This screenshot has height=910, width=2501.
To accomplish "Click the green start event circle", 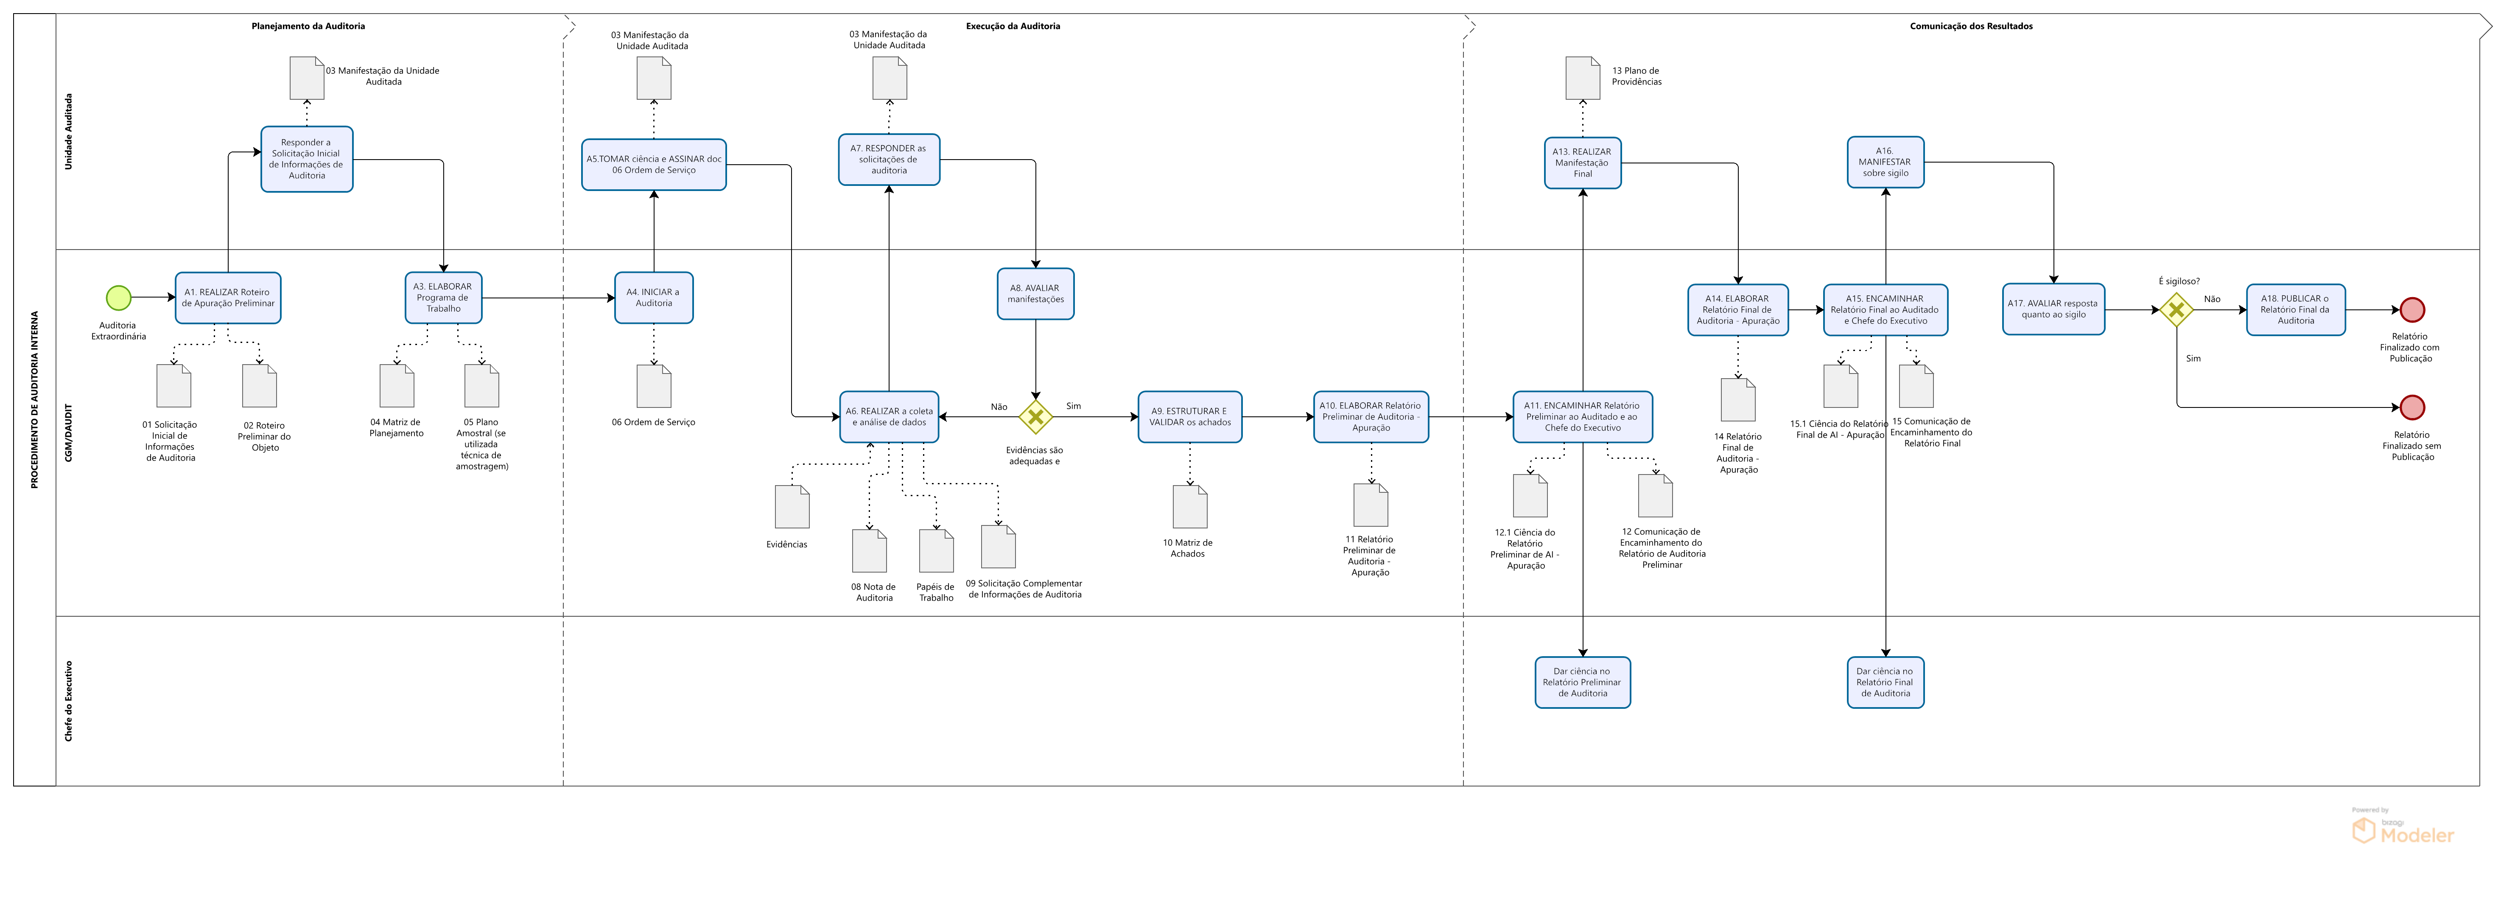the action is pos(118,297).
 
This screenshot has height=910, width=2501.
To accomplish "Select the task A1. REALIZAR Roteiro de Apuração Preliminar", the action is pos(228,297).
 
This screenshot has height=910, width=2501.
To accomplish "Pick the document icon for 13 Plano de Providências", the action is pos(1583,78).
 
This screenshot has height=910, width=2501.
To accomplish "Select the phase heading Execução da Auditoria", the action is pos(1013,26).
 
